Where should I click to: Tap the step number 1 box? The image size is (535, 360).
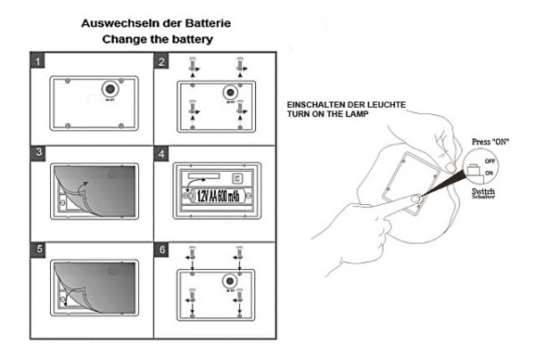click(x=37, y=61)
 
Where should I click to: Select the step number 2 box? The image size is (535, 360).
click(x=162, y=61)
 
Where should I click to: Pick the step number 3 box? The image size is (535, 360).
click(x=37, y=154)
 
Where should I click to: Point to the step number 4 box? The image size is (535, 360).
click(x=162, y=154)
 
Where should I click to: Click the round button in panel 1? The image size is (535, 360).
click(x=111, y=89)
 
